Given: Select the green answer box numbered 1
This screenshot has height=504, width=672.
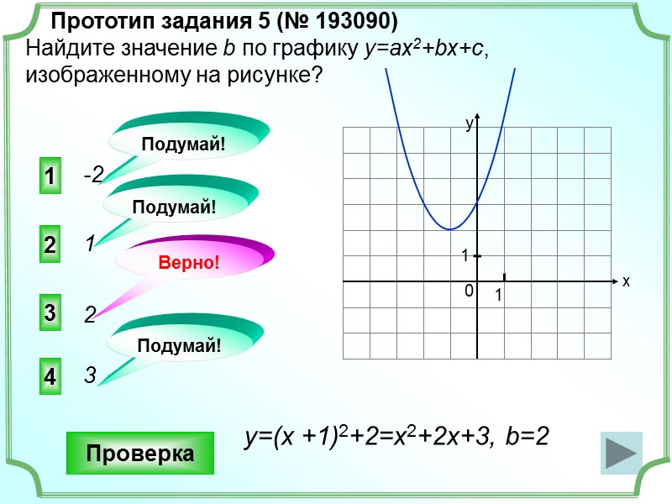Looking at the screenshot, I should coord(50,177).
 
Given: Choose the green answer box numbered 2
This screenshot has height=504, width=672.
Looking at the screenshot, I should coord(50,245).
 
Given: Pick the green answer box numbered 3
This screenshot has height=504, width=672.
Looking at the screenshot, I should coord(50,313).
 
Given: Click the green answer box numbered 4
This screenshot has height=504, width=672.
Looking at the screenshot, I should coord(50,377).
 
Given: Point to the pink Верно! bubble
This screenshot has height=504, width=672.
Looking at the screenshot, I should coord(188,263).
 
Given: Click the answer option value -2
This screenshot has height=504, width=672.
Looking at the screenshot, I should coord(92,175).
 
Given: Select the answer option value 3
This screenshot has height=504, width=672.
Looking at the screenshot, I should coord(89,376).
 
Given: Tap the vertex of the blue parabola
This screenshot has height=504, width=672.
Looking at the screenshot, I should coord(450,229).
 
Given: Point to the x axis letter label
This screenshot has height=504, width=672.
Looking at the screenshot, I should coord(626,282).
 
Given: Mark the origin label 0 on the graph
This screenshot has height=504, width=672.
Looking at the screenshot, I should coord(469,291).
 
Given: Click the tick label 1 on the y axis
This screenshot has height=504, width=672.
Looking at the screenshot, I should coord(464,255).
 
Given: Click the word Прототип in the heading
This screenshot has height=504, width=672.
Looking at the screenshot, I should coord(94,19).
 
